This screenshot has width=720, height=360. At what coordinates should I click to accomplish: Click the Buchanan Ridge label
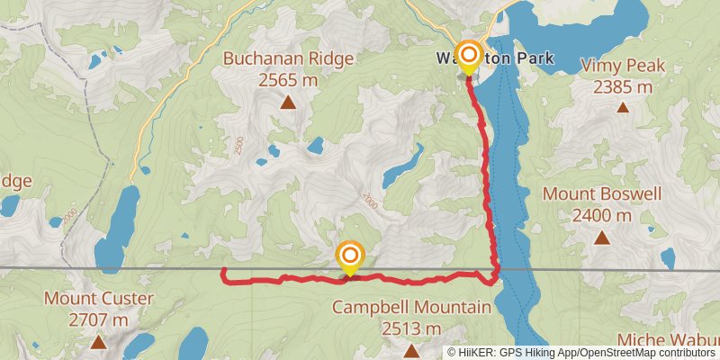pos(288,59)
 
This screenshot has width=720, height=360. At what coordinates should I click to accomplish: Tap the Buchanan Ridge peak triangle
pos(288,103)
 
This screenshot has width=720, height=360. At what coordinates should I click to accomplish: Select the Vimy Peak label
pos(622,66)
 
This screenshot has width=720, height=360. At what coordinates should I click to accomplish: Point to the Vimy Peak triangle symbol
pos(622,108)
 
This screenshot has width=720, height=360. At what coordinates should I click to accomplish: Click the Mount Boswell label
pos(602,194)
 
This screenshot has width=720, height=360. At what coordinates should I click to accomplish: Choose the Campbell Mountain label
pos(411,307)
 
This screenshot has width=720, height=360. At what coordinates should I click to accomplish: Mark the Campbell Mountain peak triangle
pos(411,350)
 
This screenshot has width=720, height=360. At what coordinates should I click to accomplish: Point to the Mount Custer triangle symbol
pos(97,342)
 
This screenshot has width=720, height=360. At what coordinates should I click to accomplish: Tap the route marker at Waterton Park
pos(468,56)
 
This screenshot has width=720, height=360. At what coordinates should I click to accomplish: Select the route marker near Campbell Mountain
pos(348,256)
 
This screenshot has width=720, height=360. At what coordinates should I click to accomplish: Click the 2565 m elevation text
pos(288,80)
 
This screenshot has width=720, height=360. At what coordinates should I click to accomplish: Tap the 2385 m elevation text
pos(622,87)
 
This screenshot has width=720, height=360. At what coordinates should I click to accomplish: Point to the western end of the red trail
pos(222,270)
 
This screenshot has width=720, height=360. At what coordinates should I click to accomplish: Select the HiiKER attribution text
pos(583,353)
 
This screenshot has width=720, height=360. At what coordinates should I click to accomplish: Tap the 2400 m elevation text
pos(602,216)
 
